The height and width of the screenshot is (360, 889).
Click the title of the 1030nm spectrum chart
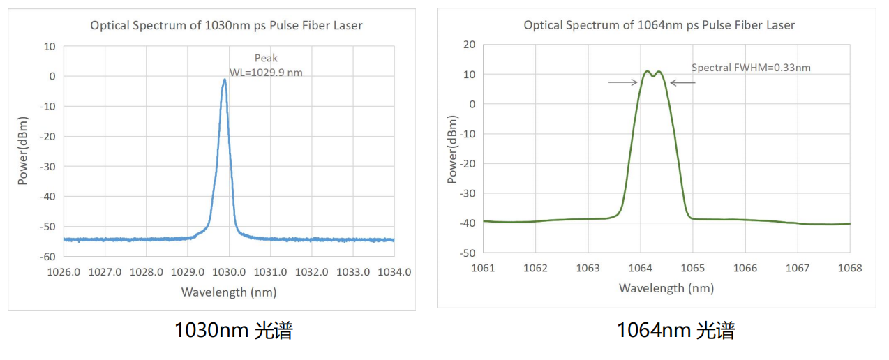(226, 26)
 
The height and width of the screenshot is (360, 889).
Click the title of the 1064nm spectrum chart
(659, 25)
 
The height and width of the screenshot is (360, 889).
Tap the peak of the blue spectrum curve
(225, 80)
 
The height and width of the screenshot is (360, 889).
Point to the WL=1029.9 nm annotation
(266, 72)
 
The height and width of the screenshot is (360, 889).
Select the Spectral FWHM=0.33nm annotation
(751, 68)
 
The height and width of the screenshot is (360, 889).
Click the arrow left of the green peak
(622, 82)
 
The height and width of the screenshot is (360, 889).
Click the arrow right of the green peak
(683, 82)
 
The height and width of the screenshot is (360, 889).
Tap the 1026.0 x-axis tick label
(63, 271)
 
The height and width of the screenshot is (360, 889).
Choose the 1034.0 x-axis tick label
(394, 271)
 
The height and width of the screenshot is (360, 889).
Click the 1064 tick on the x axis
(640, 268)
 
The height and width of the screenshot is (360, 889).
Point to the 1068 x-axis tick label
(849, 268)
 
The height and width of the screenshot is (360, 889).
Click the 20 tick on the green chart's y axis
(469, 45)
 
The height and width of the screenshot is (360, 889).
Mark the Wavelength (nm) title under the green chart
(666, 288)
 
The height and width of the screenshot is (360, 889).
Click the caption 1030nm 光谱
(233, 330)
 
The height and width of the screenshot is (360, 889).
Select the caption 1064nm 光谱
(675, 330)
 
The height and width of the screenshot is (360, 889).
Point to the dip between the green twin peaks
(653, 75)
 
